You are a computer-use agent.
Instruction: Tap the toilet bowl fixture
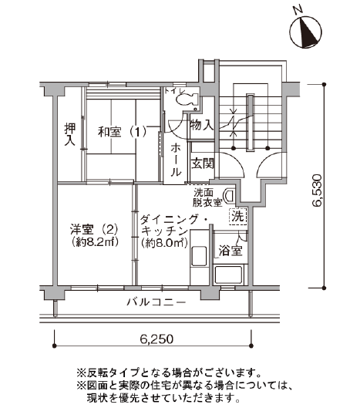[x=187, y=99]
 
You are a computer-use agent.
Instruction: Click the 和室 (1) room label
[x=122, y=132]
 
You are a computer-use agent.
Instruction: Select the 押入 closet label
[x=69, y=134]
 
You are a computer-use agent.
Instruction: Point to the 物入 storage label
[x=202, y=125]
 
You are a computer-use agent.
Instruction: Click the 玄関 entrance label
[x=203, y=164]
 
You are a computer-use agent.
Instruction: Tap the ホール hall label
[x=176, y=160]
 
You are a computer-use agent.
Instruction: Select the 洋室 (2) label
[x=94, y=230]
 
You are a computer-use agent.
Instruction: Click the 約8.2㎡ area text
[x=95, y=242]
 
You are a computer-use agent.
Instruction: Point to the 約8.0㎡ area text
[x=164, y=243]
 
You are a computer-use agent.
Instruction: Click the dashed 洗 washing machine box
[x=237, y=217]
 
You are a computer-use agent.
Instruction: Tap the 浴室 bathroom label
[x=230, y=251]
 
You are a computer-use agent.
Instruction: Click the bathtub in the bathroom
[x=229, y=275]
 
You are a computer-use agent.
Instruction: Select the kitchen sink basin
[x=199, y=256]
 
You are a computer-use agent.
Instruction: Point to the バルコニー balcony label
[x=156, y=302]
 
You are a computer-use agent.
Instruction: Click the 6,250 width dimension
[x=156, y=339]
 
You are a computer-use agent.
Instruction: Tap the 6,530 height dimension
[x=317, y=191]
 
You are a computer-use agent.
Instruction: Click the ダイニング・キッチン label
[x=164, y=225]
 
